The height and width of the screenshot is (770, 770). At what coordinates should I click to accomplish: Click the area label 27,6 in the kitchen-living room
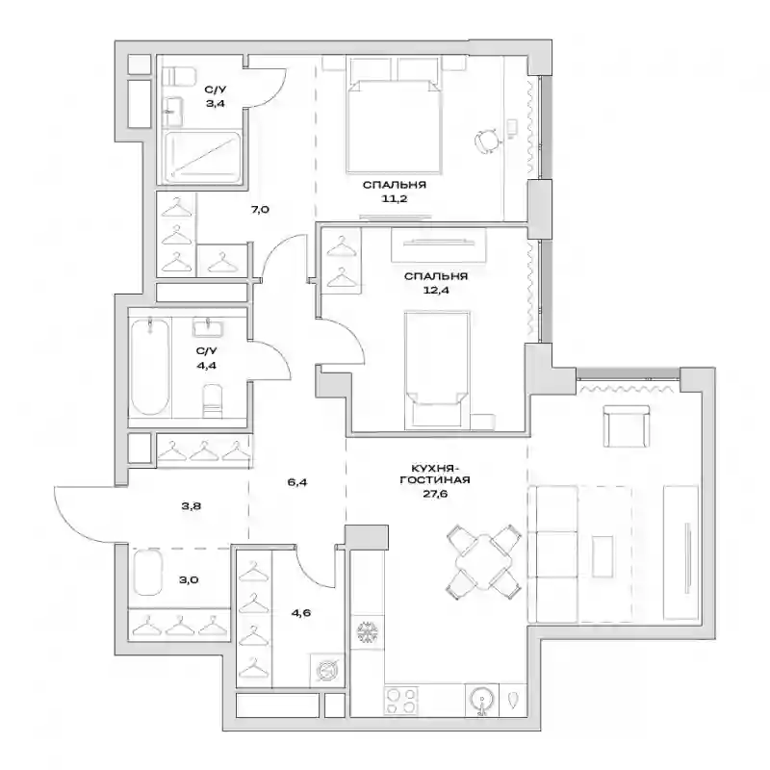[x=435, y=494]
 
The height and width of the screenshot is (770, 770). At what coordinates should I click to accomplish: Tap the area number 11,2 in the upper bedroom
[x=395, y=199]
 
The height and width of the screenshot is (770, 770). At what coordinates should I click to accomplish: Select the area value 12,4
[x=436, y=291]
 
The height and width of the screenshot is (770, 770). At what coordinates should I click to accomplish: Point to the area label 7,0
[x=260, y=210]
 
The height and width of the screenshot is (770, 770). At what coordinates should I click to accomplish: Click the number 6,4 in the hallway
[x=297, y=482]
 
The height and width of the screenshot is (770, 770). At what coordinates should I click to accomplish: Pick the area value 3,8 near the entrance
[x=191, y=506]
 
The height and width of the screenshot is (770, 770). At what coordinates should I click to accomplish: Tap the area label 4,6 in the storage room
[x=300, y=613]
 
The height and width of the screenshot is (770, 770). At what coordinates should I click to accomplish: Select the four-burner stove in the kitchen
[x=400, y=700]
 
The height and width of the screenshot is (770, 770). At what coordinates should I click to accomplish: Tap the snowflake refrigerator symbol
[x=367, y=632]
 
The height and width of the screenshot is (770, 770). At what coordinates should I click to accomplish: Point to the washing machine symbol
[x=326, y=670]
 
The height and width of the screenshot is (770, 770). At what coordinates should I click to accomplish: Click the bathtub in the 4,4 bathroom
[x=150, y=367]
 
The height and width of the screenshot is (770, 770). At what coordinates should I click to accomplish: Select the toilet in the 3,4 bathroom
[x=179, y=76]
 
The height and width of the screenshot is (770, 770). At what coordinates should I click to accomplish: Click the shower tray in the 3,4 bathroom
[x=202, y=157]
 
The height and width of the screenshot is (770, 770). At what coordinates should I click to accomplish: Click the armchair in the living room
[x=627, y=425]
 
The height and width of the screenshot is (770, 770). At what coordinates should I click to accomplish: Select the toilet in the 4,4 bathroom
[x=213, y=401]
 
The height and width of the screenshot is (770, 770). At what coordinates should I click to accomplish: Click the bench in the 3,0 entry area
[x=147, y=573]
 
